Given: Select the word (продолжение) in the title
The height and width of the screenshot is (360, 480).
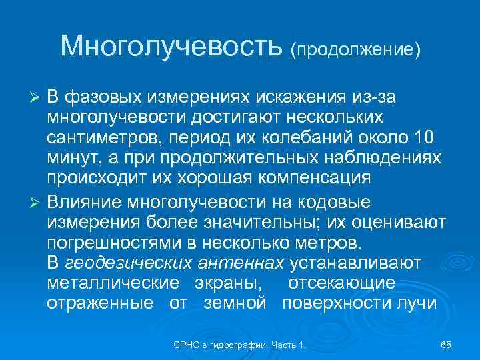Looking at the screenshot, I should coord(355,50).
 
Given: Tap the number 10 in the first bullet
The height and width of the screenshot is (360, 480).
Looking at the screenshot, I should coord(421,137).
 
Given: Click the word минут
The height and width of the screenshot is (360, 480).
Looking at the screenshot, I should coord(71,158).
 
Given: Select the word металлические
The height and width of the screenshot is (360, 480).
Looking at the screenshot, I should coord(113,283).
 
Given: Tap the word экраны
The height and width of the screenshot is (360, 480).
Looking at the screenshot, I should coord(227,283).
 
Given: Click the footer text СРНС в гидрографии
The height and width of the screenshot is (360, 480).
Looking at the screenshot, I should coord(239,345).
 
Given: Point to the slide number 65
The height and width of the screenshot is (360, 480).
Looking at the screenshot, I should coord(446,345).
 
